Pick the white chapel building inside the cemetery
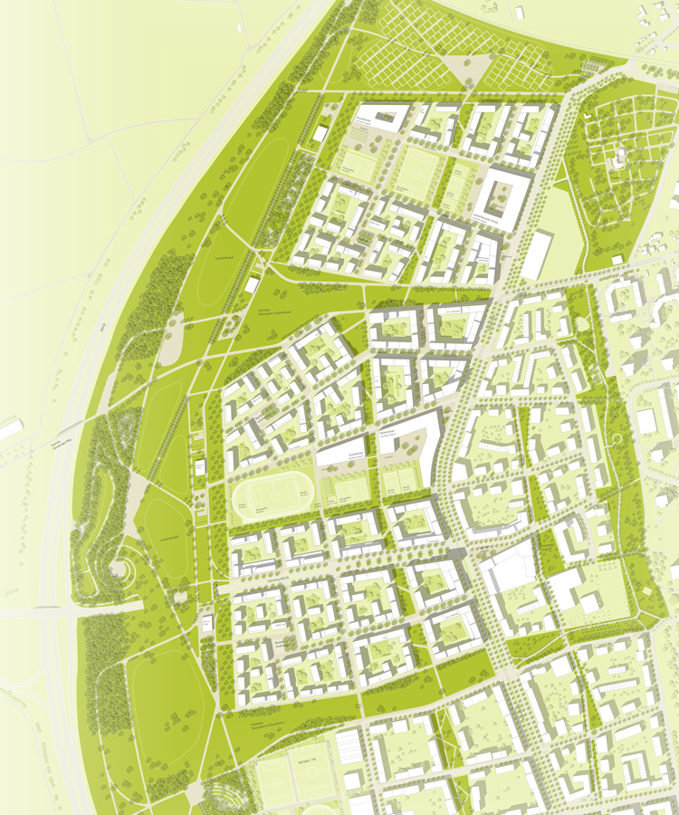[x=619, y=159]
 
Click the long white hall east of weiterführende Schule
[x=537, y=254]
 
